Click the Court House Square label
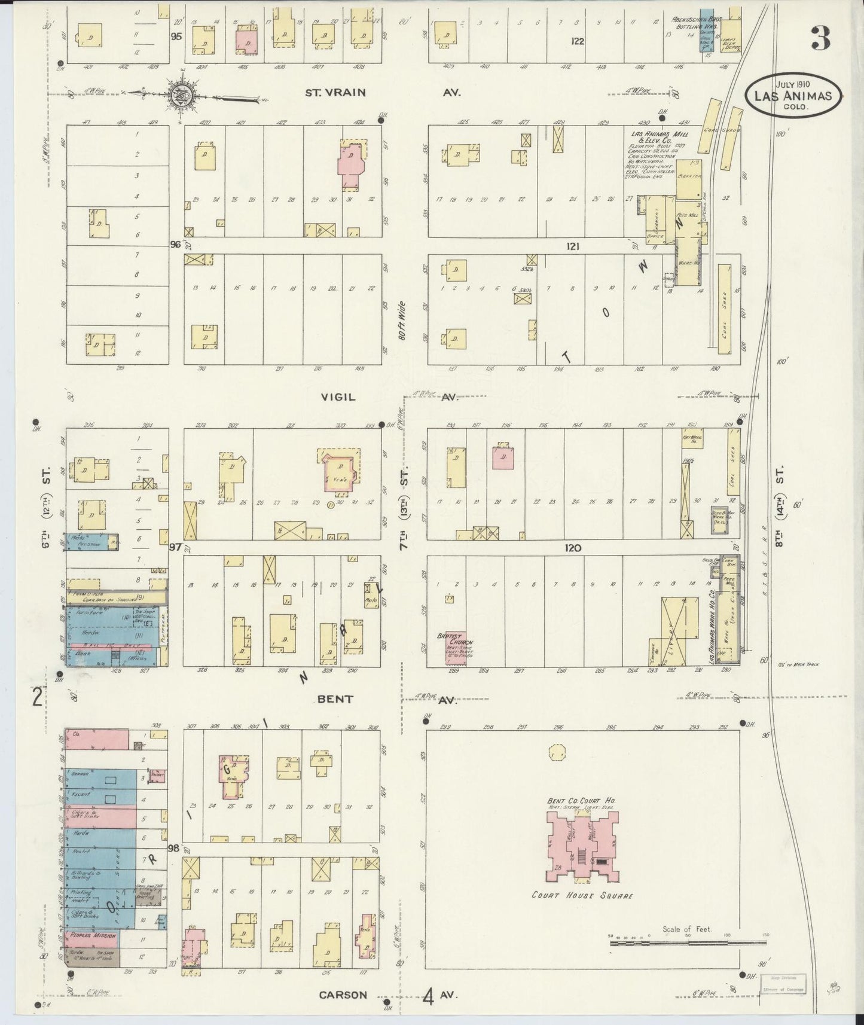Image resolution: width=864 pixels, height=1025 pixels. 582,896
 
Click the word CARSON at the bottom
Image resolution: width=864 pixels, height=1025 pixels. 343,995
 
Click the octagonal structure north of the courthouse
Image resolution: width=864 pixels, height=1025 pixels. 557,752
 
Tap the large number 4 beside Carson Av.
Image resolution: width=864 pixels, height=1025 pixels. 428,996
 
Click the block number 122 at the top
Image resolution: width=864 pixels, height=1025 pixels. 576,41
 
